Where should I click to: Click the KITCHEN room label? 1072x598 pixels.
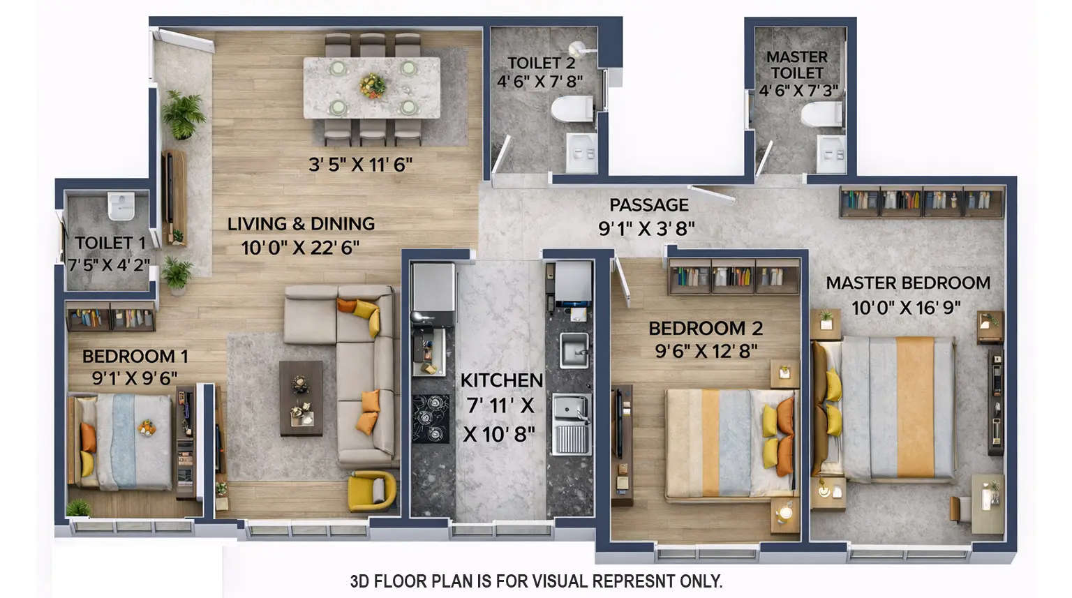point(501,380)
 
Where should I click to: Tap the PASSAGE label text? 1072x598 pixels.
point(648,205)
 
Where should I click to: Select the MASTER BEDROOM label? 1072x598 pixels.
point(908,283)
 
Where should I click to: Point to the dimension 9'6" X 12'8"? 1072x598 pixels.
point(706,350)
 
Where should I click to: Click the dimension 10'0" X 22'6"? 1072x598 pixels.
point(300,248)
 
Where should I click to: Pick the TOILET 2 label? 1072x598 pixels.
point(541,63)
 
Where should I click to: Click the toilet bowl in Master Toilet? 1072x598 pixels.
point(821,114)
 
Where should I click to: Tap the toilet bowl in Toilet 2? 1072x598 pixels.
point(572,109)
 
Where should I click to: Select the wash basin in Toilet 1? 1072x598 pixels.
point(121,206)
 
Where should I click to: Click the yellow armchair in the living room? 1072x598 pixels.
point(371,490)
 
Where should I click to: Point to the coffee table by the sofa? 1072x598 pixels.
point(301,398)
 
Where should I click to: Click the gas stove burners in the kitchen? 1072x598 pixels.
point(431,419)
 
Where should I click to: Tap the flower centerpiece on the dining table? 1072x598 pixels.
point(373,85)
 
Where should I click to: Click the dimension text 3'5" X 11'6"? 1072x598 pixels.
point(360,165)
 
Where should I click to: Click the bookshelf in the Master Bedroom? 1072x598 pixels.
point(922,202)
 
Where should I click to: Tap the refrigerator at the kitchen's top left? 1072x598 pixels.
point(433,286)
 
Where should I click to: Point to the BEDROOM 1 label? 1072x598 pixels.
point(135,357)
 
